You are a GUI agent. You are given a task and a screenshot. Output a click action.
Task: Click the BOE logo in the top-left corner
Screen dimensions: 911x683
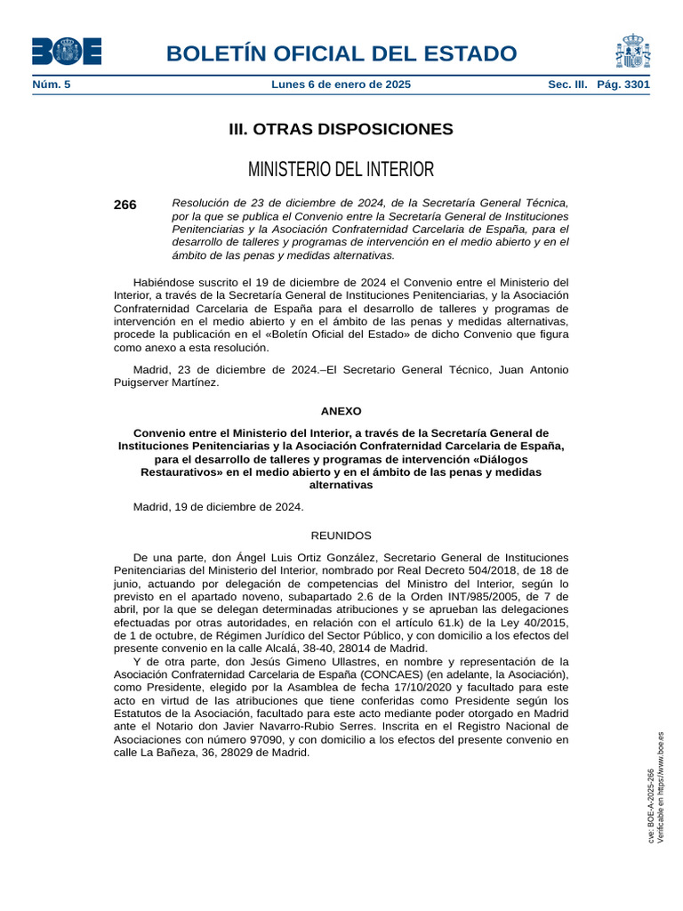(67, 52)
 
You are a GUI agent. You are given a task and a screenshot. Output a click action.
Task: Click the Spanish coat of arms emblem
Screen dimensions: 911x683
(631, 51)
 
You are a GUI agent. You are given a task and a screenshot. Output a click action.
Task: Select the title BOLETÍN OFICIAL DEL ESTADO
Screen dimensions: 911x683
(341, 53)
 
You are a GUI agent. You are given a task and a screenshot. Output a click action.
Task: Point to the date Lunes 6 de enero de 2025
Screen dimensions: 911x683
(341, 85)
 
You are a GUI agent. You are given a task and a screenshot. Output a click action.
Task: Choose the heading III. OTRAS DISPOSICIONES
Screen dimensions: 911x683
(341, 130)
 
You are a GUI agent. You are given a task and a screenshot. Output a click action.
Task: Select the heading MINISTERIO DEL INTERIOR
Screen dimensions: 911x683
(341, 169)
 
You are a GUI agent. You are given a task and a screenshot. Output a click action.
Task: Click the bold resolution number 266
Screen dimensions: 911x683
(125, 206)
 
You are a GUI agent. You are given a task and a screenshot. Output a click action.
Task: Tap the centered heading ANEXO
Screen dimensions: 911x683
(341, 412)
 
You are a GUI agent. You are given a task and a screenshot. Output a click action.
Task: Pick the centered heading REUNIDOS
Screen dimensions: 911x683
(341, 536)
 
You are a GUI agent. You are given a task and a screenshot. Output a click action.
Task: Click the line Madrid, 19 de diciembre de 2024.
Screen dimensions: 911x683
(218, 507)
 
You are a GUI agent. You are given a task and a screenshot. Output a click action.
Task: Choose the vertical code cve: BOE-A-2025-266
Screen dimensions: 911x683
(651, 806)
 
